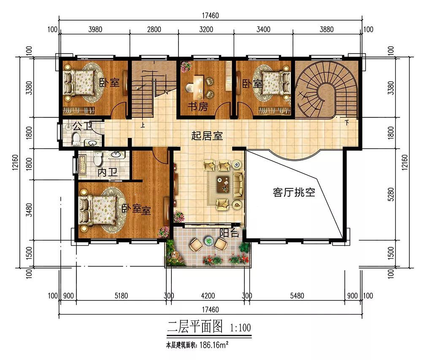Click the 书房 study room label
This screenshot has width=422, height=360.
pos(198,107)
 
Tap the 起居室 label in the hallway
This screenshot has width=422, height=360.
pos(207,135)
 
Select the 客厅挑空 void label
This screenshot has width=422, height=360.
pos(294,192)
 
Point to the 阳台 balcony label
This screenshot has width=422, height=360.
pos(229,233)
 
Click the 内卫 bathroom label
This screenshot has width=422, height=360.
pos(107,172)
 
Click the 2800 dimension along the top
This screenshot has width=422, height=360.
pos(154,29)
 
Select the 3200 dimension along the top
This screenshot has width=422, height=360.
pos(206,29)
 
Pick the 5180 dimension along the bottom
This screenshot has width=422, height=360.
pos(121,296)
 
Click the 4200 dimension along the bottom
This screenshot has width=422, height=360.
pos(208,296)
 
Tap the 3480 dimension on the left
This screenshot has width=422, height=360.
pos(29,210)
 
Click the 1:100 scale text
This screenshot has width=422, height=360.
pos(241,328)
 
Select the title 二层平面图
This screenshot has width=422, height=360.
pos(195,327)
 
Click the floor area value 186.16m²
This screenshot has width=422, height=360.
pos(214,345)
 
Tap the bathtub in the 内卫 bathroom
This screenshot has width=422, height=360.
pos(82,164)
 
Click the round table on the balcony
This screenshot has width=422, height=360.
pos(208,241)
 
